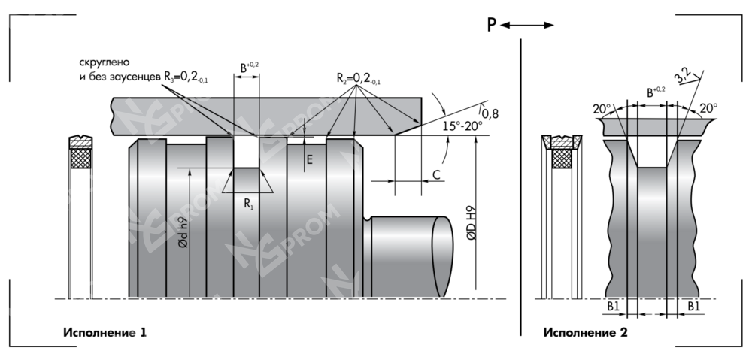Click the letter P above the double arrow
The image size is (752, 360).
pos(491,25)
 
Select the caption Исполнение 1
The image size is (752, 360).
pos(105,331)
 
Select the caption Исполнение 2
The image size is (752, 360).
pos(585,331)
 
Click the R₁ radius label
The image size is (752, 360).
pos(248,203)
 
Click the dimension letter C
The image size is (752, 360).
pos(436,175)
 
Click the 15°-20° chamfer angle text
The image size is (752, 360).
pos(462,126)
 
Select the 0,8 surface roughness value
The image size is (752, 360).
pos(490,113)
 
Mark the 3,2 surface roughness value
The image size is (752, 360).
pos(683,74)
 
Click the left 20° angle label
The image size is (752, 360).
pos(602,109)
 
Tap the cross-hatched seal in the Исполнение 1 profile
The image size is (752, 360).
pos(80,159)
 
